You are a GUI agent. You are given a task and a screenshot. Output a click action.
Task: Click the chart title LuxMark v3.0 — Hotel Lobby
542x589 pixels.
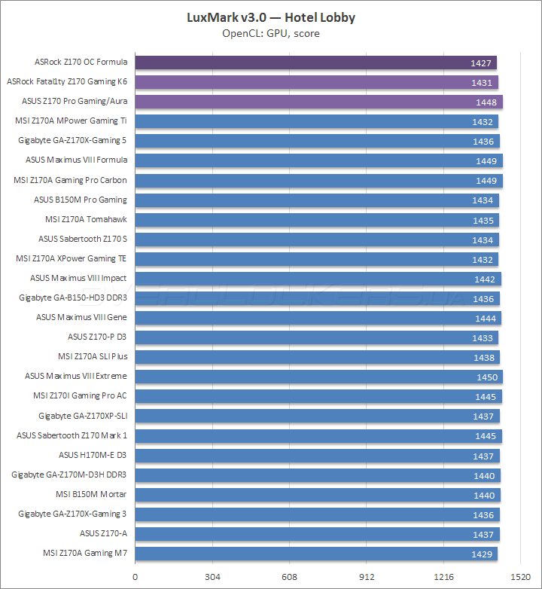coord(270,17)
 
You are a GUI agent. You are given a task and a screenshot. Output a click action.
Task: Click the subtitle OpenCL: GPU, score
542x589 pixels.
coord(270,34)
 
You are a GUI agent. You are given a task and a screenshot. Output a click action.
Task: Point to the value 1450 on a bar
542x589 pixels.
coord(486,377)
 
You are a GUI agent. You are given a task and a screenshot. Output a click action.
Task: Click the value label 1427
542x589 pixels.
coord(482,63)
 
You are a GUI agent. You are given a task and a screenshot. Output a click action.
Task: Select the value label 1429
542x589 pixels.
coord(483,554)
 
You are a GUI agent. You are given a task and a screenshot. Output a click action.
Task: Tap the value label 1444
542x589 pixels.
coord(485,318)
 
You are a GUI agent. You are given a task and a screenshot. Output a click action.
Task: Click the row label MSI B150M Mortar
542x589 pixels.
coord(91,494)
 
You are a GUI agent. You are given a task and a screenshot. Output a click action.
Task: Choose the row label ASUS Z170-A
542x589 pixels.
coord(103,533)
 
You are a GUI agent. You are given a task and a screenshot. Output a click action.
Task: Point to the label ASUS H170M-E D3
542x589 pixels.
coord(93,455)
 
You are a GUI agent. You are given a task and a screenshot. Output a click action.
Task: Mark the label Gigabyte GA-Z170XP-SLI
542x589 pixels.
coord(83,416)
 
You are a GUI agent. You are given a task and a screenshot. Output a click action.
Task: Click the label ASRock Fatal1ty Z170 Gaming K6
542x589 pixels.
coord(67,81)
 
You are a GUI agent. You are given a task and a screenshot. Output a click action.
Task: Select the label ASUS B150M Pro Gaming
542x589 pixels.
coord(81,200)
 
